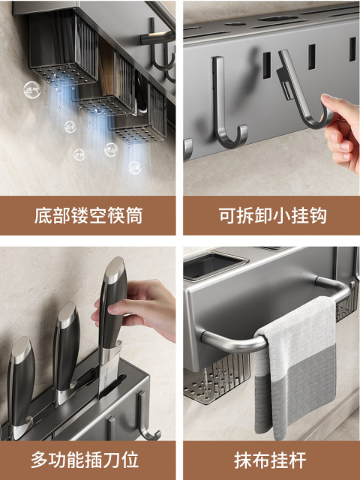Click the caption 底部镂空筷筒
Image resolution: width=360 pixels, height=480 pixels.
pyautogui.click(x=88, y=216)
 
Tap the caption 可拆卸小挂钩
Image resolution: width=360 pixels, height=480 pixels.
pyautogui.click(x=272, y=216)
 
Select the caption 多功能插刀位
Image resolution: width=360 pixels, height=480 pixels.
pyautogui.click(x=85, y=460)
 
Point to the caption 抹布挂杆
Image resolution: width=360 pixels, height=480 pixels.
pyautogui.click(x=270, y=460)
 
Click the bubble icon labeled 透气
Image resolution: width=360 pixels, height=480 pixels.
pyautogui.click(x=31, y=90)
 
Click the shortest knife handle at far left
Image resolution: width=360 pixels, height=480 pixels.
pyautogui.click(x=21, y=382)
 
